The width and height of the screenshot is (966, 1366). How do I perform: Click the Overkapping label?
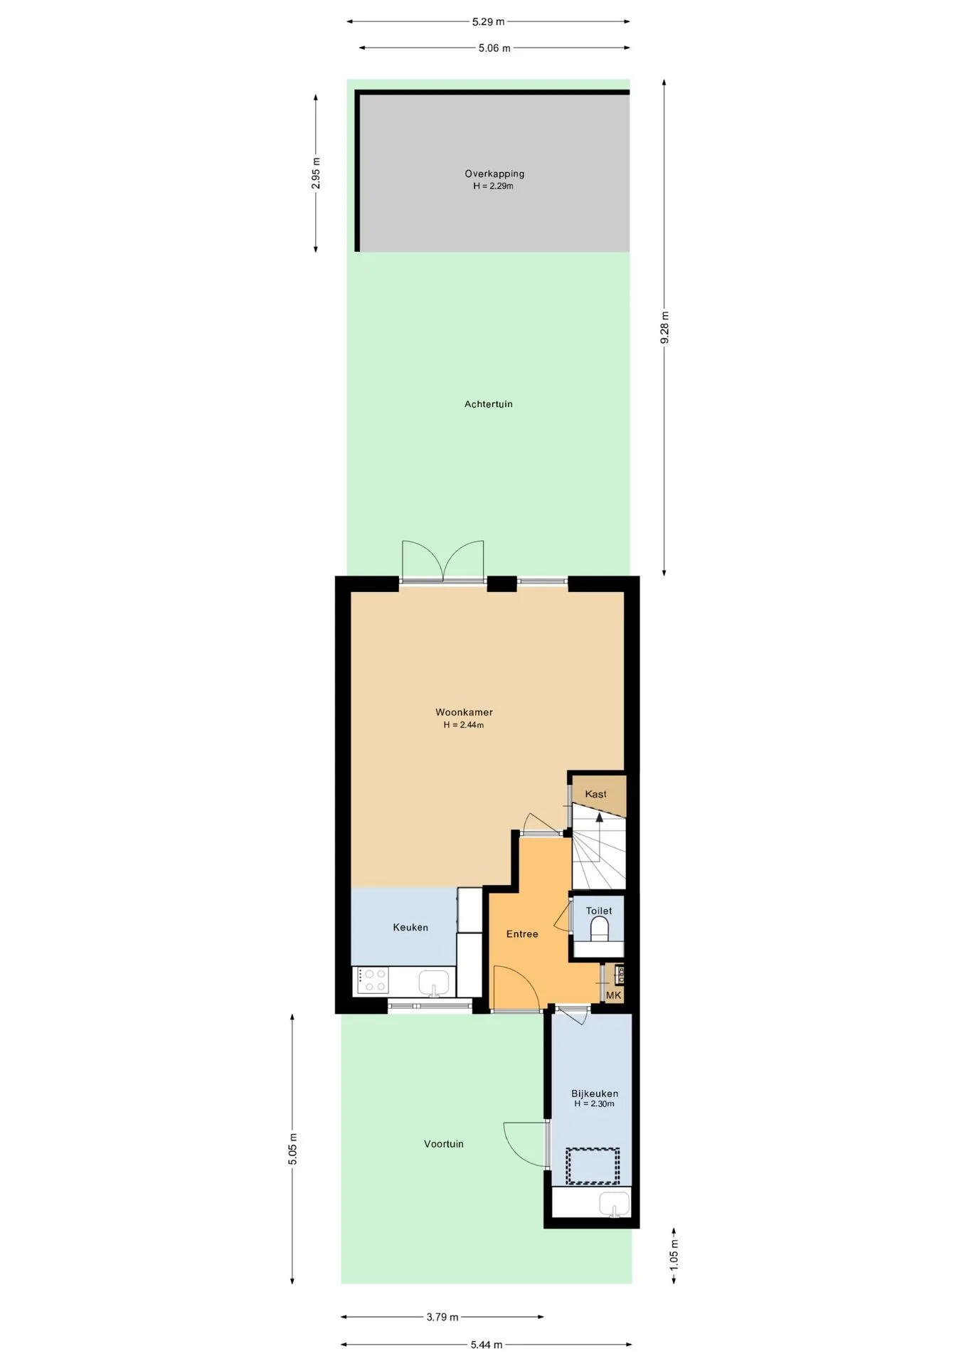494,174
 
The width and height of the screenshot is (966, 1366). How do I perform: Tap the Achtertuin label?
488,404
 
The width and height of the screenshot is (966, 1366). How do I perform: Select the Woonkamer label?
464,712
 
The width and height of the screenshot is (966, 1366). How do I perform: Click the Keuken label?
410,927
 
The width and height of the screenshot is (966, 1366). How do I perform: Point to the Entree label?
522,934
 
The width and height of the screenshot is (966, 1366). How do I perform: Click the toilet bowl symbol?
600,929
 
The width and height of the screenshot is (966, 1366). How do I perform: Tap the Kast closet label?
595,794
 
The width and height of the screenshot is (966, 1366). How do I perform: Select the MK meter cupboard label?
614,995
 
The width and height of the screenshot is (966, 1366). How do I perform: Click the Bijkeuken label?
595,1094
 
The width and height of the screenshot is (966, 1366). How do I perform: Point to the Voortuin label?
444,1144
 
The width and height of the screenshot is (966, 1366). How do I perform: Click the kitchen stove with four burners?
372,980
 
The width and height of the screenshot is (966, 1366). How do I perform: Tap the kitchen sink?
434,983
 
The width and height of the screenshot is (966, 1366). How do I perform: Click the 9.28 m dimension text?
664,327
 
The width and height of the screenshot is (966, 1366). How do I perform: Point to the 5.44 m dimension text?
487,1345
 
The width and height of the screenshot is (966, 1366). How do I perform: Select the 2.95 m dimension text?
316,173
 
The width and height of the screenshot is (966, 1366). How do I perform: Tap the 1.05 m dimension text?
674,1255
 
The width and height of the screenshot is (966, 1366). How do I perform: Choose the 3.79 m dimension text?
442,1317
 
